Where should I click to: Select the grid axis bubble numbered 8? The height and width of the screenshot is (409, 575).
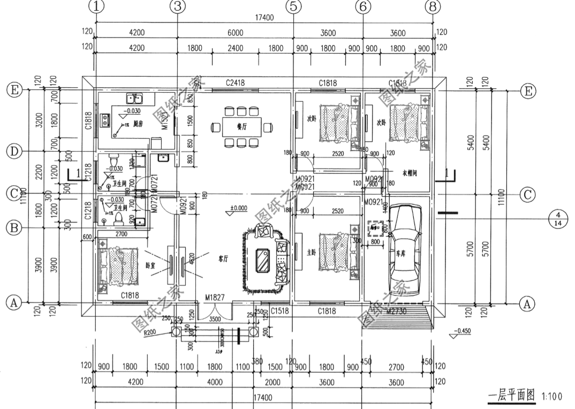[432, 6]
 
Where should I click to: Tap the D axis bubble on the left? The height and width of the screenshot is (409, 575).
[13, 152]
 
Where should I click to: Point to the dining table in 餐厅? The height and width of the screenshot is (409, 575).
[241, 127]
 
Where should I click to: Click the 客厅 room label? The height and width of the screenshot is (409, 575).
[223, 258]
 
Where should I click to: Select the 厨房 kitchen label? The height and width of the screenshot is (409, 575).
[138, 123]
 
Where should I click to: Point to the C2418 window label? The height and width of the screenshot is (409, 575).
[235, 83]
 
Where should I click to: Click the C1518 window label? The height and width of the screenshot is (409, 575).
[280, 311]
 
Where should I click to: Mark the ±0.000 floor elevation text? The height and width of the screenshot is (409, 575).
[238, 207]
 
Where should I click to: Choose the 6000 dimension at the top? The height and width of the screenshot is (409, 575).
[235, 33]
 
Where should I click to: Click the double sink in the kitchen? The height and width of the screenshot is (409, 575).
[133, 98]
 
